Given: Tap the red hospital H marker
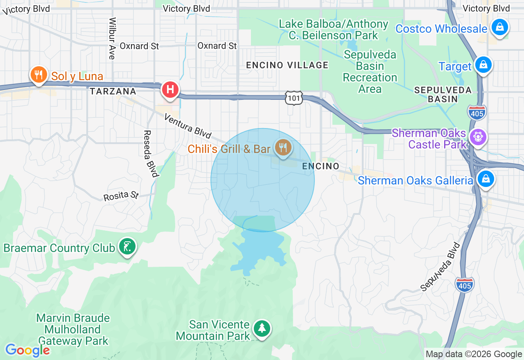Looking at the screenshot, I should point(170,89).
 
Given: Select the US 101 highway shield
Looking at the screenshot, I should point(294,98).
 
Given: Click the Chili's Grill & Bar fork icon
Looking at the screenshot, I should point(283,147).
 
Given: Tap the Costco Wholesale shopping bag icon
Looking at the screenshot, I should point(499,28).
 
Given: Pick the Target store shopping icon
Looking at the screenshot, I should point(483,65).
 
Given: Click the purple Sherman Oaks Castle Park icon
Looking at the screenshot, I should point(478,137).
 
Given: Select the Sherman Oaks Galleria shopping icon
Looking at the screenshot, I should point(486,179).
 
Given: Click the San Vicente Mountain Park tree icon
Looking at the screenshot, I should point(262,328).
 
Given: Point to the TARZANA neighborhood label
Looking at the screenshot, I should point(113,92).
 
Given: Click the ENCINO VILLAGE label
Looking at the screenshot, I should point(287,65).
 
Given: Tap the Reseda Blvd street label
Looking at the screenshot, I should point(150,153).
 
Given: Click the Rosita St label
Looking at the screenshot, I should point(121,196).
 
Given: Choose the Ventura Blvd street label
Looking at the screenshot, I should point(188,126).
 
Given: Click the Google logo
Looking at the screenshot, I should point(27,351).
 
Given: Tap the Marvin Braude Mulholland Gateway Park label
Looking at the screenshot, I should point(73,329).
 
